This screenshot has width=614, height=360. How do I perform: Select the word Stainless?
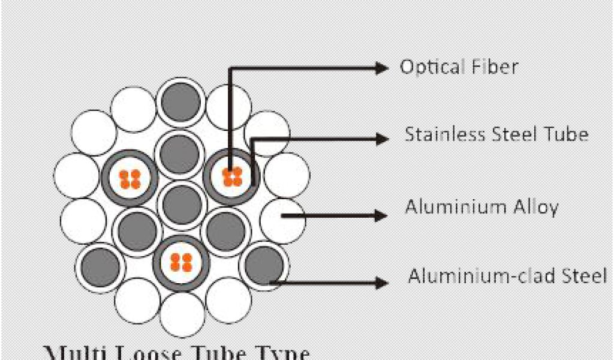tap(438, 134)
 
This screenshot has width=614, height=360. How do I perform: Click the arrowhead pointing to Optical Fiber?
tap(382, 68)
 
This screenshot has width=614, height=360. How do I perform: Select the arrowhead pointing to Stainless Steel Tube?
tap(382, 139)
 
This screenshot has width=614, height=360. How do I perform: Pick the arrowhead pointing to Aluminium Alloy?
tap(382, 214)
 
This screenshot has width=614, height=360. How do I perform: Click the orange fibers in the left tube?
tap(130, 178)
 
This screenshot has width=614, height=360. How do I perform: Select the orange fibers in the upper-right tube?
tap(232, 176)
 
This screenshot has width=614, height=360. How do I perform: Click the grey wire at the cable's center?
tap(182, 205)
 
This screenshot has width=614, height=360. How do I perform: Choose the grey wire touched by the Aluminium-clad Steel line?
tap(264, 266)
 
